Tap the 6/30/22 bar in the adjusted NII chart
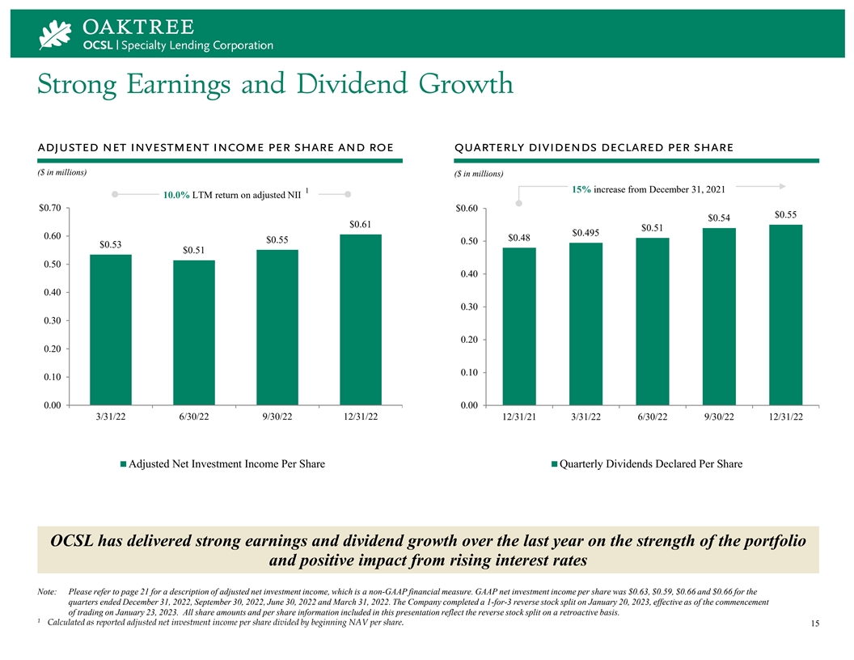pos(194,332)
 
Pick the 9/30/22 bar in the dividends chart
pos(719,316)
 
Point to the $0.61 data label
pos(361,224)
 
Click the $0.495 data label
pos(586,233)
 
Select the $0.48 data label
pos(519,238)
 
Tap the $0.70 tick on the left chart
pos(50,209)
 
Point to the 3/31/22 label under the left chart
pos(111,417)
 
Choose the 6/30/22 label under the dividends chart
pos(652,417)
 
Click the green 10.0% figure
pos(175,195)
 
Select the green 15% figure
pos(580,189)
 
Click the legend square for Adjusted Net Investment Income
pos(124,464)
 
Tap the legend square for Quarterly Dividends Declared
pos(555,464)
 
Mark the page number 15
pos(814,624)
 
